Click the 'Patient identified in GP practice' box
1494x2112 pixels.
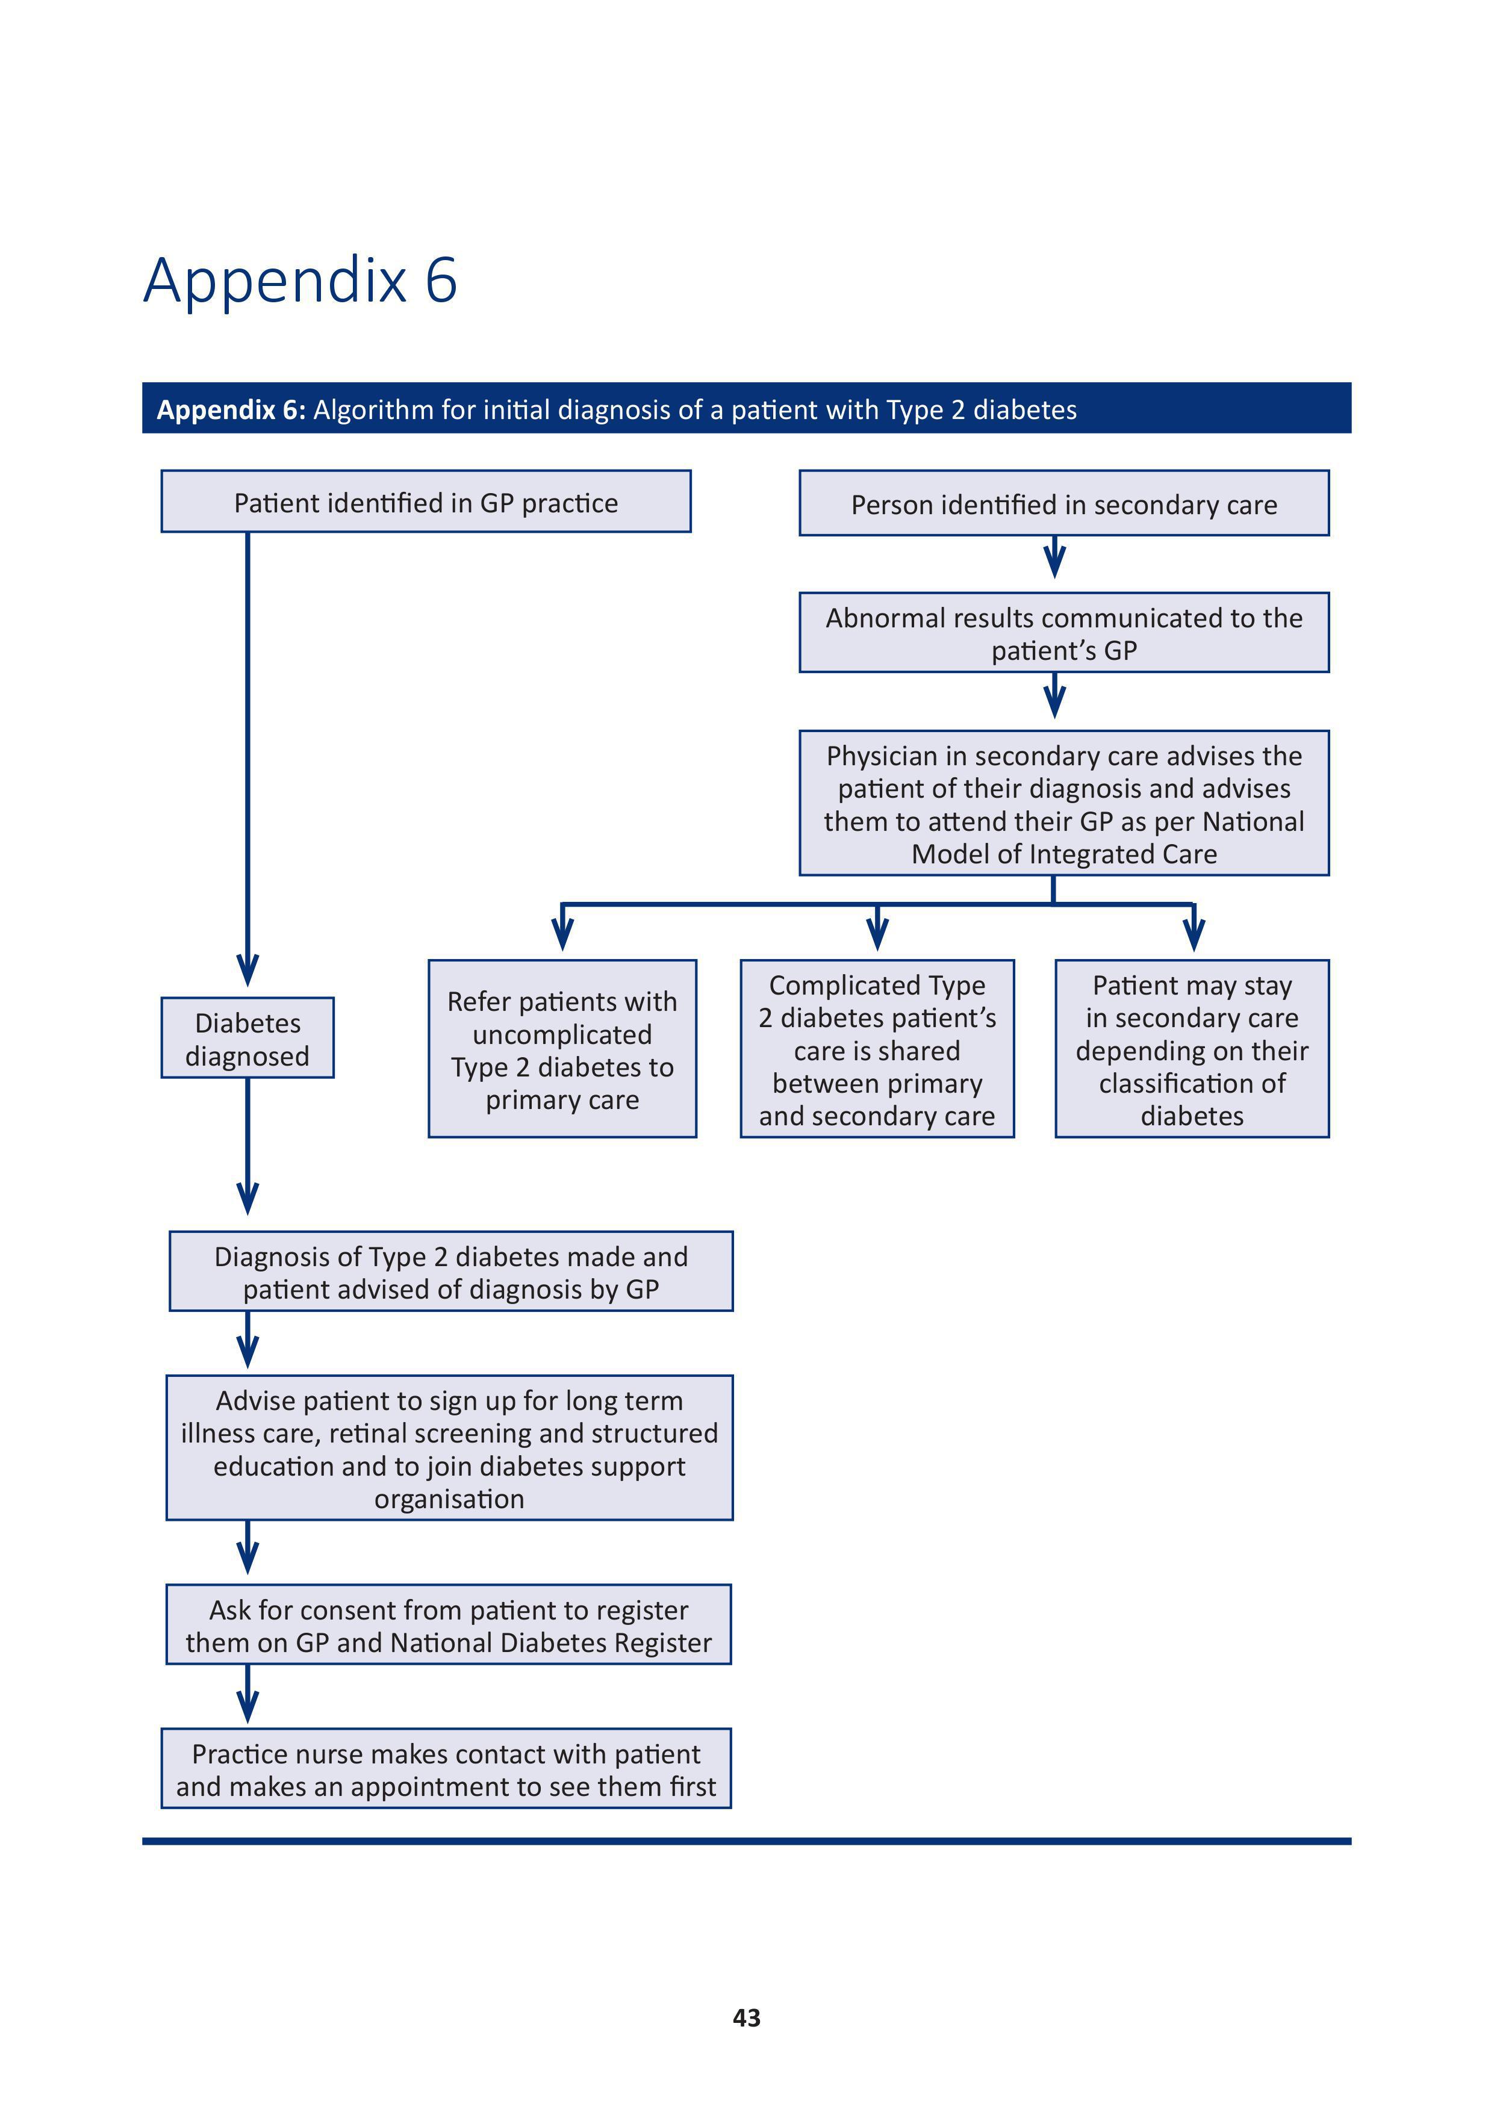[x=426, y=502]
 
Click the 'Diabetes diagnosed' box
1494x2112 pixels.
[x=247, y=1037]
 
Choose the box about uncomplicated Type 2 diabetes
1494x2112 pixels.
[x=562, y=1049]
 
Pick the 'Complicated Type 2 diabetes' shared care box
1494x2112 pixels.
[x=877, y=1049]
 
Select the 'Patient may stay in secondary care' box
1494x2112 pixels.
[x=1192, y=1049]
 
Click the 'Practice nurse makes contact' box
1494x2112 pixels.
[x=446, y=1769]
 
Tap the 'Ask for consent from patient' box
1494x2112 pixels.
[x=449, y=1624]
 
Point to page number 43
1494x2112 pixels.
[x=747, y=2017]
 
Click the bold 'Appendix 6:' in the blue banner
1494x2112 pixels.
[x=231, y=409]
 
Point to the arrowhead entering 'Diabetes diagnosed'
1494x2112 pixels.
[x=247, y=971]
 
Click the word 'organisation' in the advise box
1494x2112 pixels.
[x=449, y=1499]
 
